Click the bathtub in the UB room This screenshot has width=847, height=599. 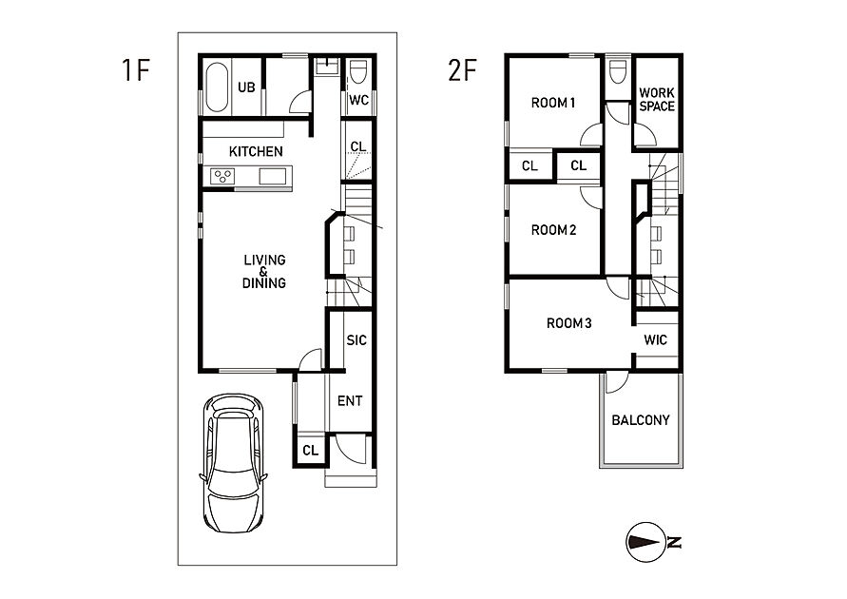217,87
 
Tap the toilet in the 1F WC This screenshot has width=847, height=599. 358,71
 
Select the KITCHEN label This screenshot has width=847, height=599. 256,152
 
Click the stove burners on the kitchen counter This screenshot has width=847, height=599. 222,176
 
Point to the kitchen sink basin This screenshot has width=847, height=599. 273,176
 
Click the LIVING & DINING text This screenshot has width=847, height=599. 264,271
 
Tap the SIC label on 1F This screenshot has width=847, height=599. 356,340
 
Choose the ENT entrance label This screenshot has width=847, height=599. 350,401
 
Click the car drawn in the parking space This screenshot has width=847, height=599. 234,463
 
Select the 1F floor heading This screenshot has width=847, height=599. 135,70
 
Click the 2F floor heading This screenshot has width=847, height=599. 462,70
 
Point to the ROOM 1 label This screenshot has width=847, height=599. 553,103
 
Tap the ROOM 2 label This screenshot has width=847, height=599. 553,230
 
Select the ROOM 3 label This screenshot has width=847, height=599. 568,323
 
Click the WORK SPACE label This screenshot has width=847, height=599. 657,100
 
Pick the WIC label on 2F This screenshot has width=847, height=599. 655,339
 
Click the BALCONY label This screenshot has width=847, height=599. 641,420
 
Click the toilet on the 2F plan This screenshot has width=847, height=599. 617,71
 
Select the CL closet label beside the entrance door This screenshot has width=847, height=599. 311,451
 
